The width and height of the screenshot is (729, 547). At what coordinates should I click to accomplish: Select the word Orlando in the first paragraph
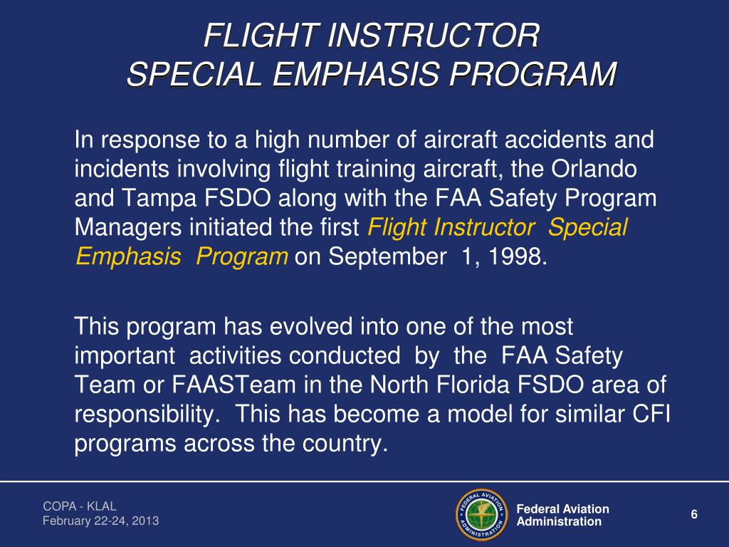point(594,169)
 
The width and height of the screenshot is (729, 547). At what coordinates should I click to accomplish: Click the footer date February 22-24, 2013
point(100,521)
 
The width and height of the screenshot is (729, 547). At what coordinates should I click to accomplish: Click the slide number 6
point(694,515)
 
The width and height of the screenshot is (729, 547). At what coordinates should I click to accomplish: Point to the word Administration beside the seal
point(559,521)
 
